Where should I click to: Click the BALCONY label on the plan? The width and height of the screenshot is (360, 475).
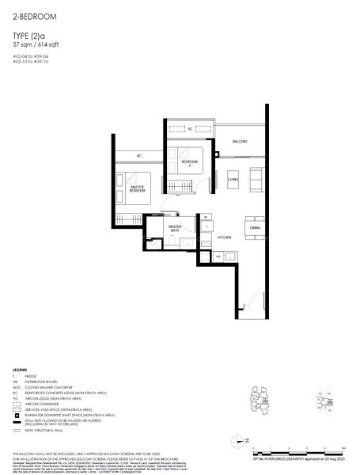click(240, 142)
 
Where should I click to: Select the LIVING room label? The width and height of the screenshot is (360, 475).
click(233, 180)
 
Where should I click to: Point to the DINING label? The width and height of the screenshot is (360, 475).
click(255, 228)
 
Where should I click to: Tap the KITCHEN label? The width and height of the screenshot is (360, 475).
click(224, 237)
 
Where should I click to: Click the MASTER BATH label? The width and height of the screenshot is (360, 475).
click(175, 230)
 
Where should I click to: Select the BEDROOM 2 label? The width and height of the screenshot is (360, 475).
click(188, 163)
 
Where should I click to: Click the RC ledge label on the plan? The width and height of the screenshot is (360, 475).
click(138, 155)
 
